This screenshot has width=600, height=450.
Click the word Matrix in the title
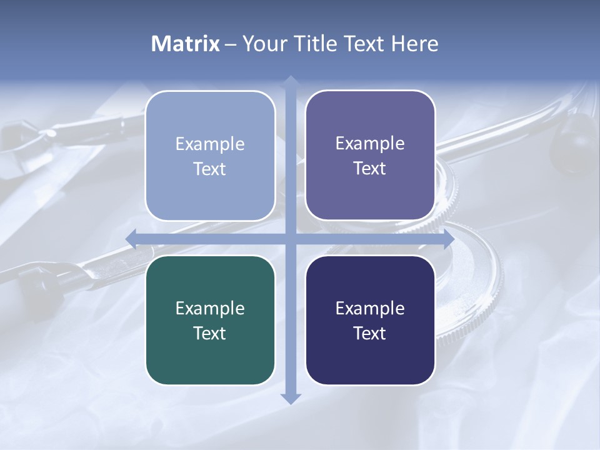[186, 44]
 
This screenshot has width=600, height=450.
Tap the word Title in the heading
[315, 44]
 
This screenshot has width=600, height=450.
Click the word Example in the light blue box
[210, 144]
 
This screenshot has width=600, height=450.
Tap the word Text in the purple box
[370, 168]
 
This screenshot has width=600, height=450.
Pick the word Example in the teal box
[210, 308]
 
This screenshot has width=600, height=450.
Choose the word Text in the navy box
[370, 333]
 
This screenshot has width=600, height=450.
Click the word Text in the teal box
[210, 333]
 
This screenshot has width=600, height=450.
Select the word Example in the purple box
[370, 143]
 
